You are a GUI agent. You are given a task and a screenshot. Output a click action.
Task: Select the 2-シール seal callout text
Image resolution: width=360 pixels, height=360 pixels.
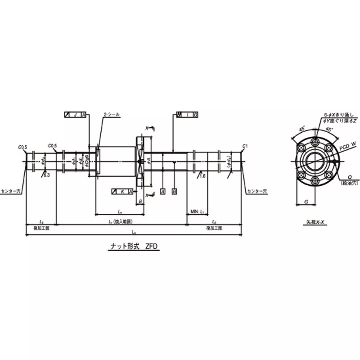(x=112, y=115)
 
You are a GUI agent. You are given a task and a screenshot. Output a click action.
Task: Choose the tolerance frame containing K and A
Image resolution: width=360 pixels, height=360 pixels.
(x=122, y=192)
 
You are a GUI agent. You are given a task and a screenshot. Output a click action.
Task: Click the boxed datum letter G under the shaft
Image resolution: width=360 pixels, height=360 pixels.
(x=174, y=192)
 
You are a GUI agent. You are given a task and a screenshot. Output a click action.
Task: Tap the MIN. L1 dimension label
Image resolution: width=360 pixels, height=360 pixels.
(x=198, y=211)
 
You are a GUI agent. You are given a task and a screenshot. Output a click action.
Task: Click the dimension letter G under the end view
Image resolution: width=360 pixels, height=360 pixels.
(x=306, y=202)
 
